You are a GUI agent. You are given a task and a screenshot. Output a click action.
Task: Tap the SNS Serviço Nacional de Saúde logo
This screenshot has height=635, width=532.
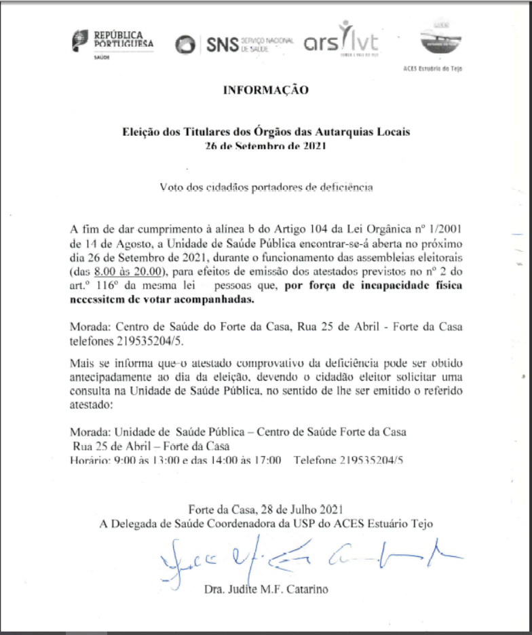(234, 45)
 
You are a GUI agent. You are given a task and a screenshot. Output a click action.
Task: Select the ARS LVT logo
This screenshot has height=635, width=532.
(341, 42)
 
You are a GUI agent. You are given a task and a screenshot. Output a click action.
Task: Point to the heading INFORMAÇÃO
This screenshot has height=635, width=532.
(265, 90)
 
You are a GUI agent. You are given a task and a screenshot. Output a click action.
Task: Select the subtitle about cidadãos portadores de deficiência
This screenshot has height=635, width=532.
(265, 187)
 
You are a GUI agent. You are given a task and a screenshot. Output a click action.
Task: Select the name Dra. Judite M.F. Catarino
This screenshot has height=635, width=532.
(265, 589)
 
